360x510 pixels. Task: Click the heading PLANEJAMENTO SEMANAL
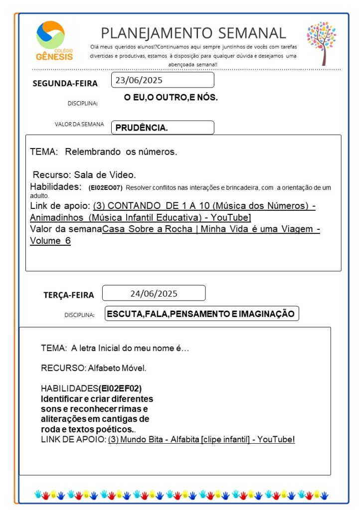coord(193,33)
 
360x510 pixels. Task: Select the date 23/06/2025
coord(139,80)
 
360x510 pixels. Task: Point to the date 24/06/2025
coord(154,293)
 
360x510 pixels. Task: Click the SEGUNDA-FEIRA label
coord(65,83)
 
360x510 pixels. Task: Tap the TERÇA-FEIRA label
coord(68,295)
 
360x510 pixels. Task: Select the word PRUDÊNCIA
coord(142,128)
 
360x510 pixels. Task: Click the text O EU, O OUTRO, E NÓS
coord(171,98)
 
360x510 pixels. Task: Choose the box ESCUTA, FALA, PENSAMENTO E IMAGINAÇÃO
coord(201,314)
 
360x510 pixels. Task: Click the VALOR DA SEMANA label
coord(79,125)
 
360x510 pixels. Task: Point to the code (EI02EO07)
coord(105,188)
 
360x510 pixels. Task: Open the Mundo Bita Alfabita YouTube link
coord(201,439)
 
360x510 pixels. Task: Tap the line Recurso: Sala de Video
coord(84,175)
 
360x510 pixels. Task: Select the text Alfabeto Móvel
coord(117,368)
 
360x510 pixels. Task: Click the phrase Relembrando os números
coord(121,152)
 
